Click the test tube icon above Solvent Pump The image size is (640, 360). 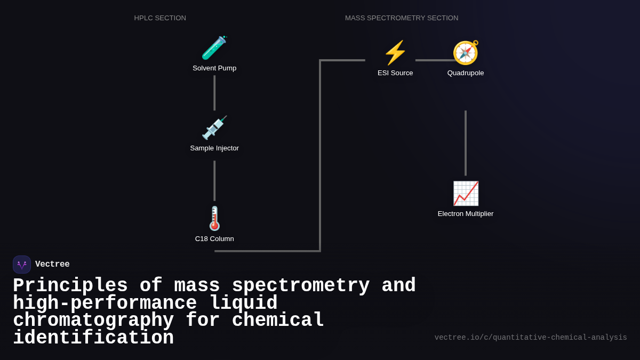coord(214,48)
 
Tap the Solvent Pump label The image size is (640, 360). coord(214,68)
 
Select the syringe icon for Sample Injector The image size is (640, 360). coord(214,128)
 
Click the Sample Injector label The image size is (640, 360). coord(214,148)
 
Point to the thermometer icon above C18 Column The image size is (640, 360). coord(214,218)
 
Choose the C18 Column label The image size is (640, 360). coord(214,239)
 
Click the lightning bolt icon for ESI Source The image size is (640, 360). coord(395,53)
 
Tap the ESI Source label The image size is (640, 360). coord(395,73)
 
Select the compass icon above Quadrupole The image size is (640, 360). coord(466,53)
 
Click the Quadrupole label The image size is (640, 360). coord(466,73)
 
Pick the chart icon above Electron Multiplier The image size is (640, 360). coord(466,193)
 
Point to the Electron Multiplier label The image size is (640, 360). coord(466,214)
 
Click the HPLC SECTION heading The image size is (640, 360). coord(160,18)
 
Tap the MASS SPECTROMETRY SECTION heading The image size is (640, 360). coord(402,18)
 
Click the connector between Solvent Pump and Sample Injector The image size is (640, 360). coord(214,93)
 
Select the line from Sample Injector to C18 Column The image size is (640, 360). coord(214,181)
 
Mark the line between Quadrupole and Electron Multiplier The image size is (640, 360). coord(466,143)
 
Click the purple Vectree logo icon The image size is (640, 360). coord(22,265)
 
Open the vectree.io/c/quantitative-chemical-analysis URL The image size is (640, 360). coord(531,338)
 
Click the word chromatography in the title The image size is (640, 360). coord(93,321)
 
